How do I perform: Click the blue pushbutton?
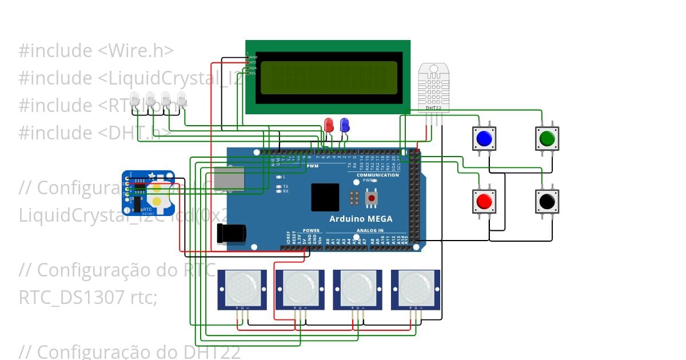484,138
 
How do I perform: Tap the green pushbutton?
547,138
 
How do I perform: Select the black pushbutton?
547,201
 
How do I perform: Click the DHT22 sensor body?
434,86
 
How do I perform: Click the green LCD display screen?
329,78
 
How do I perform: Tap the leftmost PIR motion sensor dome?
242,287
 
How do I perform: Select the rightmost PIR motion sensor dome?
416,287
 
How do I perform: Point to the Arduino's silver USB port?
230,179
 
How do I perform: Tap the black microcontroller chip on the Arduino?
325,198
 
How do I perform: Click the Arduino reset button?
372,198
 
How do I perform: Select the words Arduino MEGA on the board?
361,219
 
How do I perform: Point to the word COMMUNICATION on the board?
378,175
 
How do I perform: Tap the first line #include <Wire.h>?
96,51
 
